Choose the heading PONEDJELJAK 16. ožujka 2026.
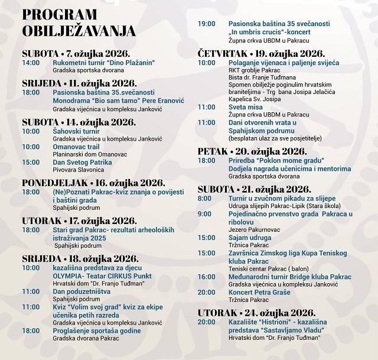93,182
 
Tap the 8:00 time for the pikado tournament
204,197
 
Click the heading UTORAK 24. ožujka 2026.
256,312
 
